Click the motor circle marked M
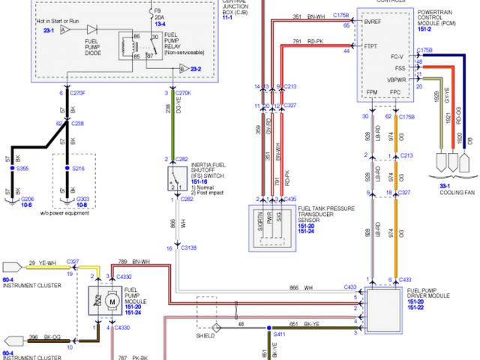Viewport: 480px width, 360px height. click(x=109, y=301)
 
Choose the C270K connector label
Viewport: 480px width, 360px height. click(x=184, y=93)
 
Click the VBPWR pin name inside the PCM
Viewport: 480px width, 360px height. click(x=396, y=79)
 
